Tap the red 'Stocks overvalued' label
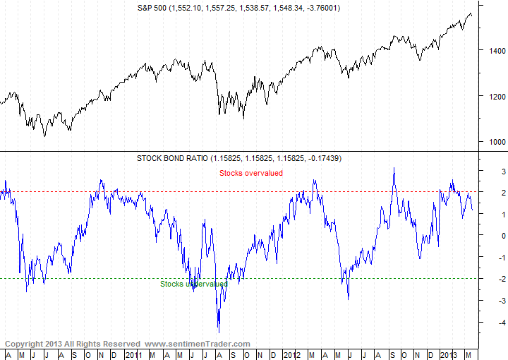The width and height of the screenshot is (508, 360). coord(251,173)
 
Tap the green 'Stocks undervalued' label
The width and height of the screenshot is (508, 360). coord(193,284)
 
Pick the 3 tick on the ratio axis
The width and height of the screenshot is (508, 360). coord(483,172)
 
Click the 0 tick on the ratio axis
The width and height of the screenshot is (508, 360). coord(483,236)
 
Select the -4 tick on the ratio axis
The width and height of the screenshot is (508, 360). coord(482,323)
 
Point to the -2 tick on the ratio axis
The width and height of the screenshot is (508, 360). coord(482,279)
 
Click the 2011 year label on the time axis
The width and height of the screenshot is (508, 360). coord(134,353)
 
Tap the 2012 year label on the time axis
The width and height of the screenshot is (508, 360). coord(292,353)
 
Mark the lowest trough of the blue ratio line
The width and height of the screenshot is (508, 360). coord(219,332)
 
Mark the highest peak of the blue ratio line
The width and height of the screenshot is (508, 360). coord(394,168)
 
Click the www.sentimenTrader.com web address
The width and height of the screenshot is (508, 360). coord(198,344)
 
